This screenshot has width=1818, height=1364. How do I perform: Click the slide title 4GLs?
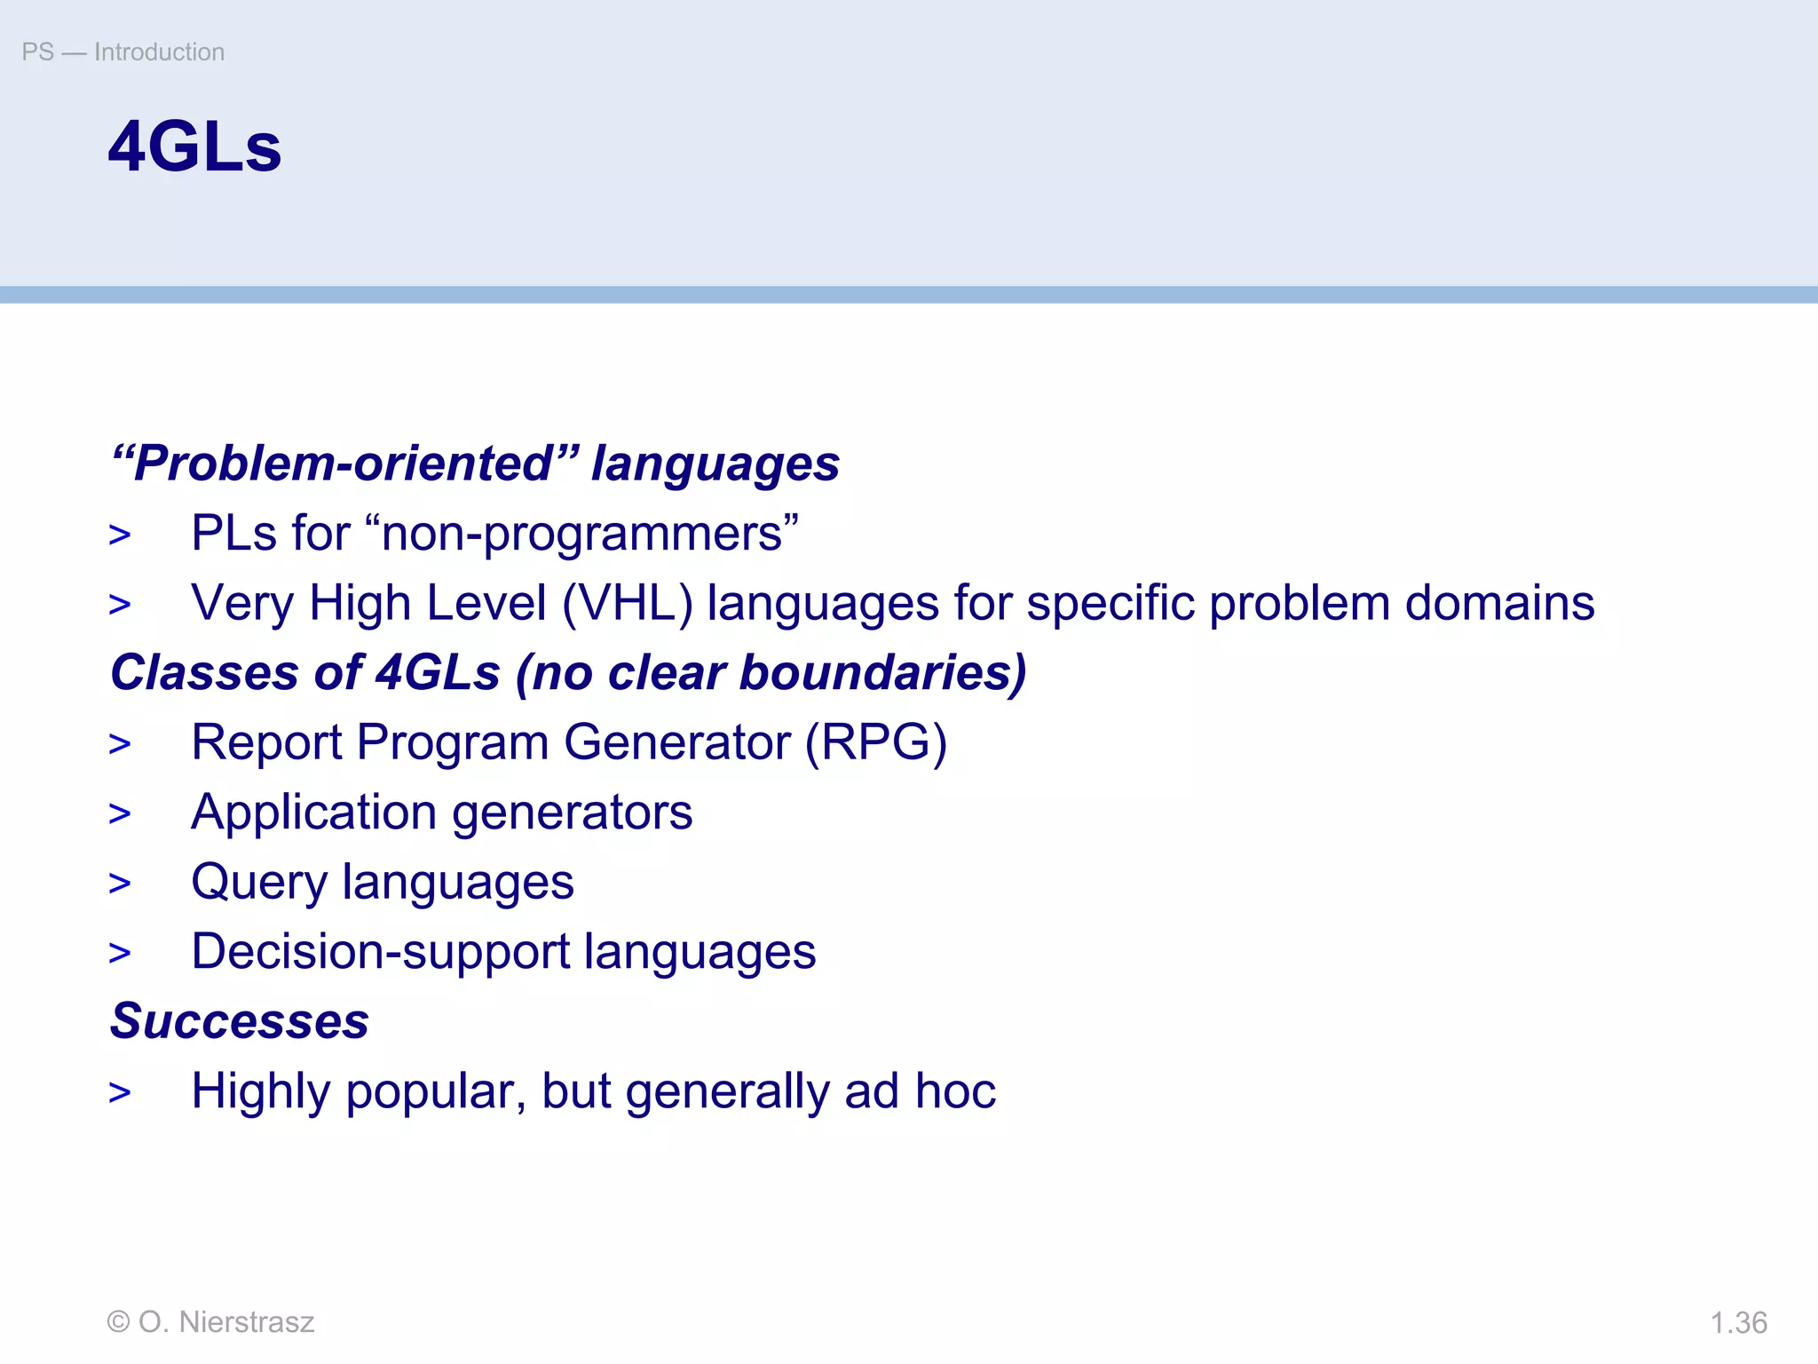194,147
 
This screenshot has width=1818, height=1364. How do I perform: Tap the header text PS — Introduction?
123,52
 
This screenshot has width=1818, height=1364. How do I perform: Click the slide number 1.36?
1738,1322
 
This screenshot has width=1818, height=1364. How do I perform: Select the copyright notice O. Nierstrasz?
210,1322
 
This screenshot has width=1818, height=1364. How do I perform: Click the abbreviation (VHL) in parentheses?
627,604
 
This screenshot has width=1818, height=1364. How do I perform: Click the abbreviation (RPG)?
875,742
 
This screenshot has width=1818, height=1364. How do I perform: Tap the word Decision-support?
380,952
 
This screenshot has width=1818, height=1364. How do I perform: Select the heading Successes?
240,1021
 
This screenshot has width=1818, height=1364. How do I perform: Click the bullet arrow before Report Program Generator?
120,744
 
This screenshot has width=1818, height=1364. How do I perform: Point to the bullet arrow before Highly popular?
120,1093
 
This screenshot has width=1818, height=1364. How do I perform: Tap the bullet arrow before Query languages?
120,884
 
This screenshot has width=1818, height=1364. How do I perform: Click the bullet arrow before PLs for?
120,535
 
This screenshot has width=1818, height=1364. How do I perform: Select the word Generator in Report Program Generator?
676,742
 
